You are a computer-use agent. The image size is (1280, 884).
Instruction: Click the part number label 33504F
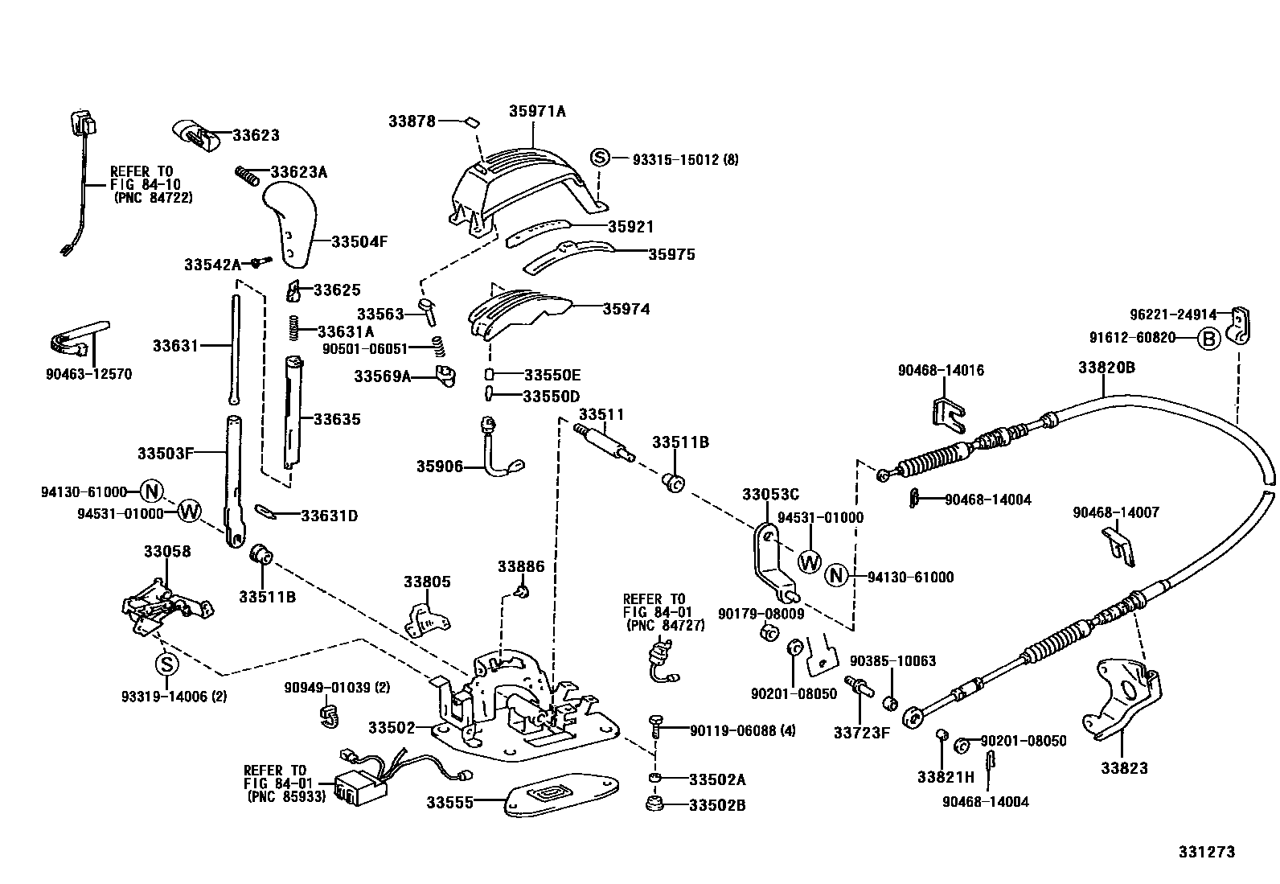[x=359, y=241]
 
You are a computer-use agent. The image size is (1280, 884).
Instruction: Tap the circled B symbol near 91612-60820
[x=1208, y=339]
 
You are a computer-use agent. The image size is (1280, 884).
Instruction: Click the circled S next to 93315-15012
[x=601, y=158]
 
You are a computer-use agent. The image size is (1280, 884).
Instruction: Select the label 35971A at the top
[x=536, y=112]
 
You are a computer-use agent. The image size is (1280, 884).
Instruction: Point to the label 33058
[x=167, y=552]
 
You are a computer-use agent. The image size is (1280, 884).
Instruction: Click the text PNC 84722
[x=153, y=197]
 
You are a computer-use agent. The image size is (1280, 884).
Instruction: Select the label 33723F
[x=861, y=732]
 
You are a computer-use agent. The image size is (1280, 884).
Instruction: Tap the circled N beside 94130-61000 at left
[x=151, y=491]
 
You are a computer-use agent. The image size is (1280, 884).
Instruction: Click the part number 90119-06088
[x=732, y=730]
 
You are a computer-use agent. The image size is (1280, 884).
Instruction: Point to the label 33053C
[x=770, y=494]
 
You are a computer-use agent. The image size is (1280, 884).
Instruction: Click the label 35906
[x=439, y=466]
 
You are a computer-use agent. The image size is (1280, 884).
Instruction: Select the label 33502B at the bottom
[x=717, y=804]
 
